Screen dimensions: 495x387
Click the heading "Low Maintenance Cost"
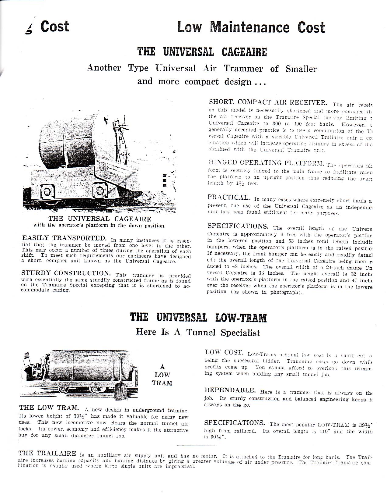click(x=251, y=27)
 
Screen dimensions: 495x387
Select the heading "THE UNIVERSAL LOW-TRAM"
click(x=198, y=318)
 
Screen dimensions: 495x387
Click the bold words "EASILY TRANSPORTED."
click(x=64, y=237)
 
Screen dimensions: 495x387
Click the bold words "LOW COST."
click(x=225, y=352)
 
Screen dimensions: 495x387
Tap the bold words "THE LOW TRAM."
click(x=50, y=408)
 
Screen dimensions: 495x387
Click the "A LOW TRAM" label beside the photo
click(x=162, y=375)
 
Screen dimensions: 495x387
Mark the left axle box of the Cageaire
click(x=47, y=192)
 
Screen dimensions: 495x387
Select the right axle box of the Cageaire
click(x=99, y=191)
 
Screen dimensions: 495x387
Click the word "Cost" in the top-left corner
click(x=54, y=27)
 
